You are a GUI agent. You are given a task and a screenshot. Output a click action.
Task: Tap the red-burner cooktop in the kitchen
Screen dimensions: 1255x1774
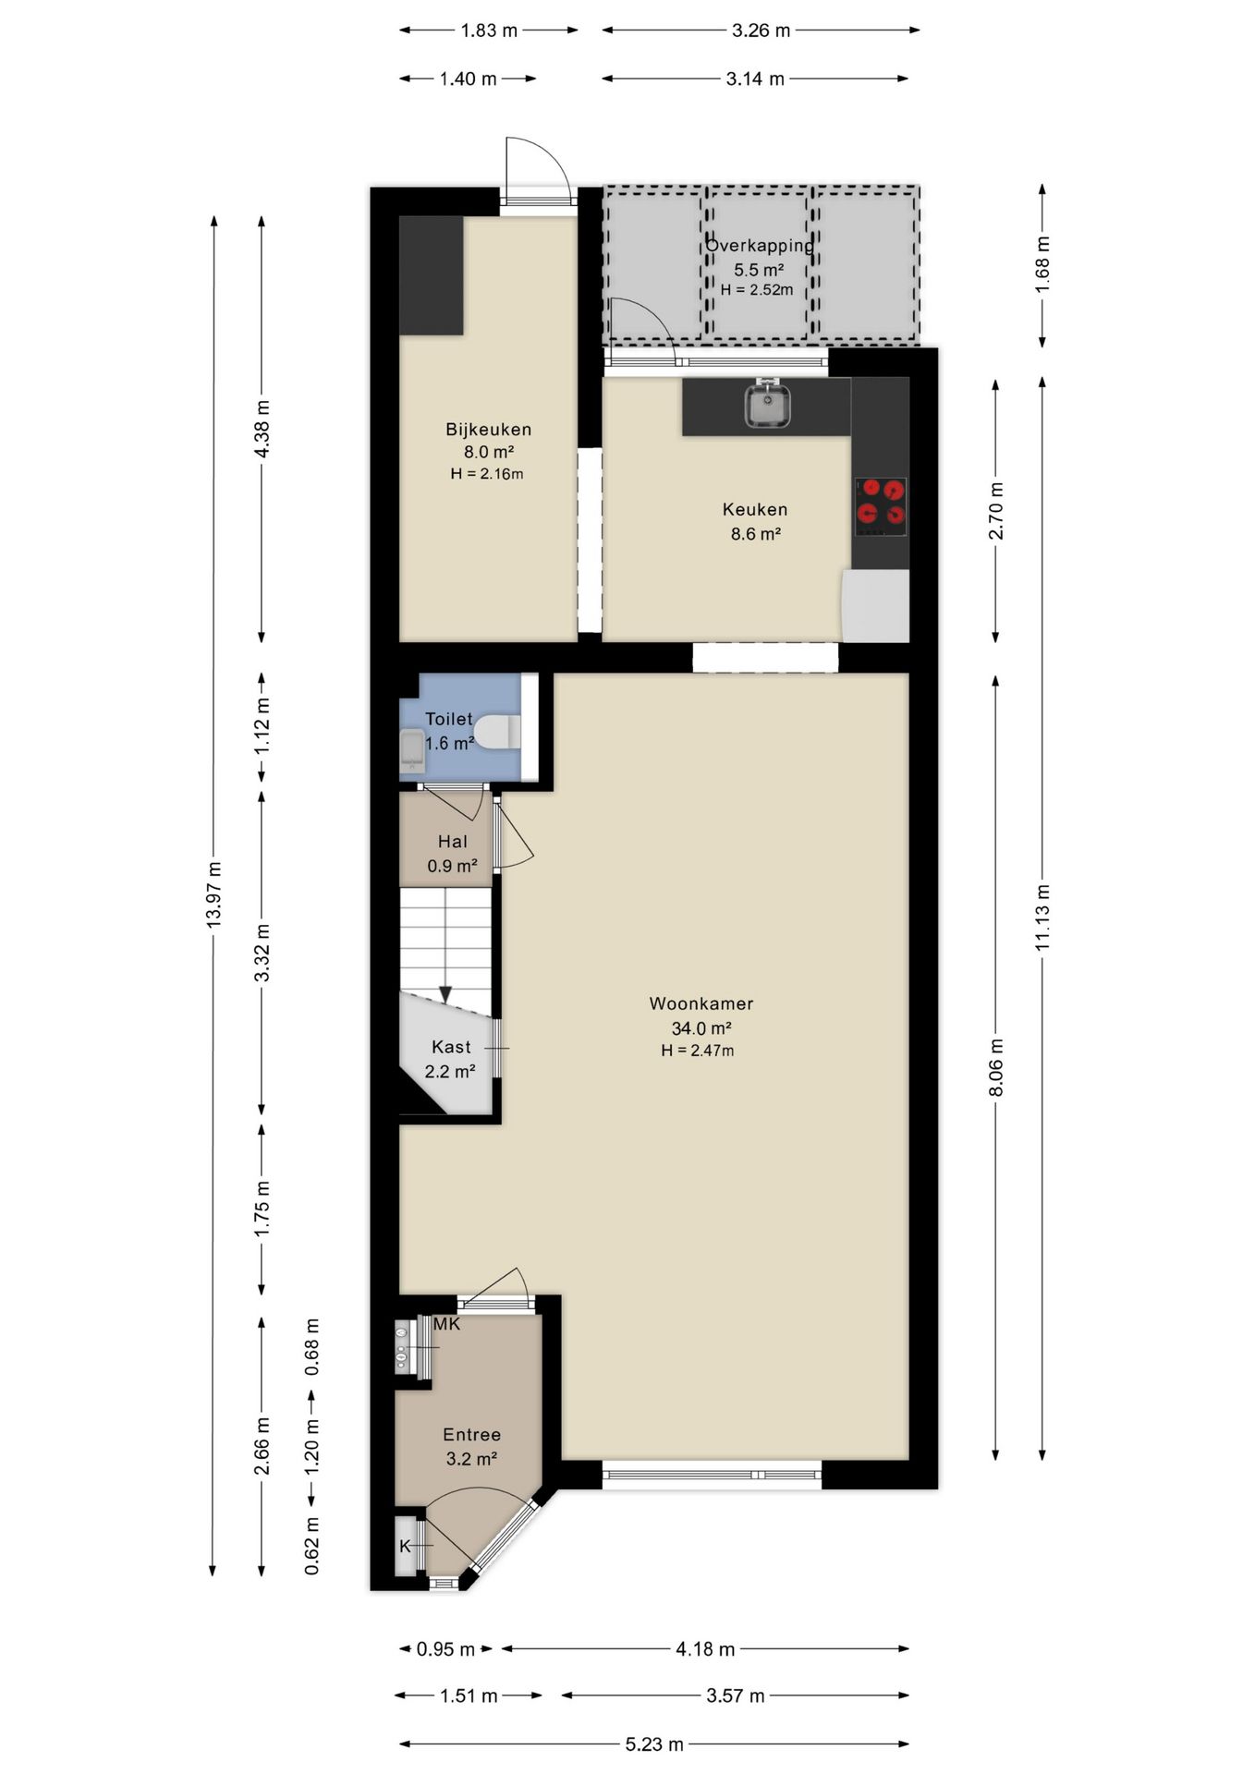coord(881,506)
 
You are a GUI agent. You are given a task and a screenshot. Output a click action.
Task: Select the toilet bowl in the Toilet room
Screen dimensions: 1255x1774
coord(497,732)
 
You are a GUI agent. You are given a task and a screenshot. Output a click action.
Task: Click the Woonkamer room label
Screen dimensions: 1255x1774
coord(701,1003)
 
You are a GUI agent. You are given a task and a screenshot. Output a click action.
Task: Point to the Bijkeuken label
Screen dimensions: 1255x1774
coord(488,430)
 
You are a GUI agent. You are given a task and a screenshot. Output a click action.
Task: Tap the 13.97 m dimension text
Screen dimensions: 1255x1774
coord(214,894)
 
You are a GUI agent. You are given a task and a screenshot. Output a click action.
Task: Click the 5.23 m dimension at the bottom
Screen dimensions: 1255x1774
coord(654,1744)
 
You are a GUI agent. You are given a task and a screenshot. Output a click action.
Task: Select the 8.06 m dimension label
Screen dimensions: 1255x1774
coord(996,1067)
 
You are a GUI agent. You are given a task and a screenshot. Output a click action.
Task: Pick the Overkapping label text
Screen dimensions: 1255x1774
coord(759,246)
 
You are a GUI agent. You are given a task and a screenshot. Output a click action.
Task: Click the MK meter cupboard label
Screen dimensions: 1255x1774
coord(446,1324)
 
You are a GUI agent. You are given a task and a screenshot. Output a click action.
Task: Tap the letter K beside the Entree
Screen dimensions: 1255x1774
coord(405,1546)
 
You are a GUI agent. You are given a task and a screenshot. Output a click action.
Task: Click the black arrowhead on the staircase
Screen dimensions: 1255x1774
coord(445,995)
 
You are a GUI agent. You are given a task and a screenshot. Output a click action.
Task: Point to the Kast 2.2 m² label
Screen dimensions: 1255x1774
coord(450,1059)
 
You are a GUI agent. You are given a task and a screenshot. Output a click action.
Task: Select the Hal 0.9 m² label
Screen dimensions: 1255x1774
coord(452,854)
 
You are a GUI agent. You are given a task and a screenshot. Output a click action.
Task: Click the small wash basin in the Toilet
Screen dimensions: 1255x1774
coord(412,750)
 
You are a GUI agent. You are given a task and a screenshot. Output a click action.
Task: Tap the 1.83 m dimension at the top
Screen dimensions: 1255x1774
coord(489,30)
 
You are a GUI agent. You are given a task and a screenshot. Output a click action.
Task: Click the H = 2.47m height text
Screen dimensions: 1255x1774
coord(698,1051)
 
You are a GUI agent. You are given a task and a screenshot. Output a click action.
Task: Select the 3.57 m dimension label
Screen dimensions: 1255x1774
coord(736,1695)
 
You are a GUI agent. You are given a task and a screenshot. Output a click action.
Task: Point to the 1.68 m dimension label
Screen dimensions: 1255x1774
coord(1042,265)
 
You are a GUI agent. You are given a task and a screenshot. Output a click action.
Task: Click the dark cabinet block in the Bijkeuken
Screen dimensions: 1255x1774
coord(432,275)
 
